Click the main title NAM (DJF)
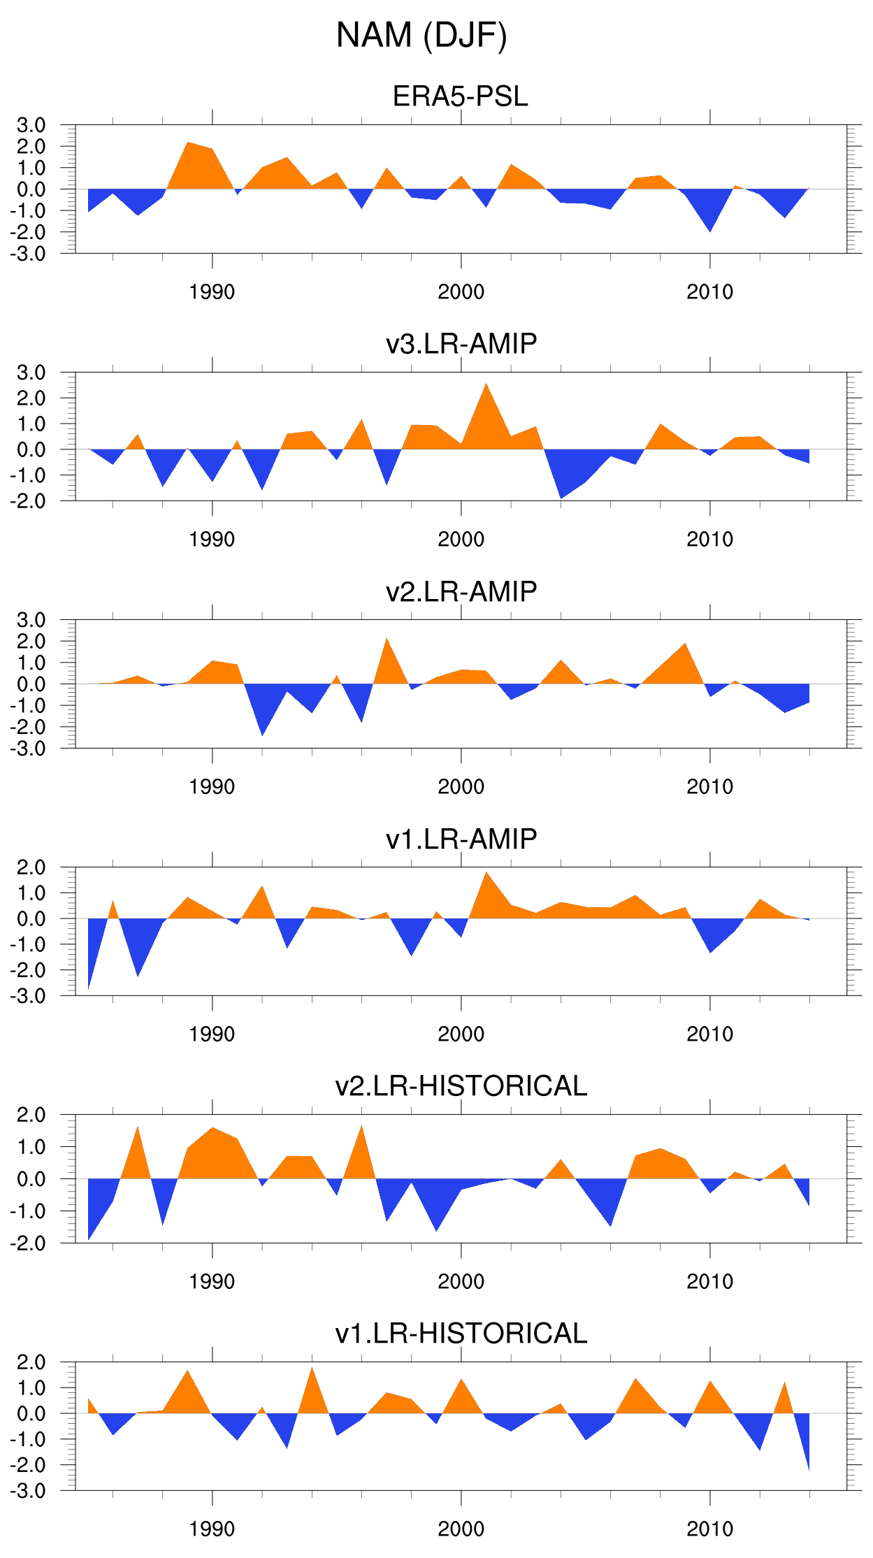(421, 36)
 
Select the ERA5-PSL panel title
(460, 96)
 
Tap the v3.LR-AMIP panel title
(461, 344)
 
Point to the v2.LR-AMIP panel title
(461, 591)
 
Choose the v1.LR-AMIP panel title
(461, 839)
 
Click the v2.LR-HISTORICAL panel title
(461, 1086)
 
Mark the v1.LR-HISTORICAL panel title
(461, 1334)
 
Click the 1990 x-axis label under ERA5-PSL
(212, 292)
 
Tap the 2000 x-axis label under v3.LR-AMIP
(461, 540)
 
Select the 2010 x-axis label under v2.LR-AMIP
(709, 787)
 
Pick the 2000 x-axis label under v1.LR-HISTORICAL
(461, 1529)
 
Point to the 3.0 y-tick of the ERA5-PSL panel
(31, 126)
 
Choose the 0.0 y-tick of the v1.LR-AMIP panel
(31, 919)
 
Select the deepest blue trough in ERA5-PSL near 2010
(710, 229)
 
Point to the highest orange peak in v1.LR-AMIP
(486, 874)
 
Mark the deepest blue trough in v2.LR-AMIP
(262, 733)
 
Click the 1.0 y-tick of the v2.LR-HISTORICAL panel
(31, 1147)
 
